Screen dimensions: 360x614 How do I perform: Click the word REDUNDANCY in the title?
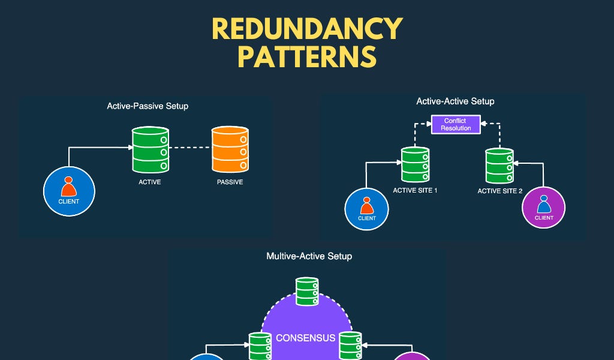pos(307,29)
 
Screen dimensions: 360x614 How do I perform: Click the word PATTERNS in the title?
pos(307,57)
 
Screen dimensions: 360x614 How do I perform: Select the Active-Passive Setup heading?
pos(148,106)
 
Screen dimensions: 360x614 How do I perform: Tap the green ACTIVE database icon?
pos(150,149)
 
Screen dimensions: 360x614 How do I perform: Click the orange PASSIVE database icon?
pos(230,149)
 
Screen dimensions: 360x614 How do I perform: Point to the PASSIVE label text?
pos(230,182)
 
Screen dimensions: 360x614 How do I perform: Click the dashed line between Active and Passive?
pos(190,147)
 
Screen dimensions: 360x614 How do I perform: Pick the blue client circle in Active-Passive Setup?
pos(69,191)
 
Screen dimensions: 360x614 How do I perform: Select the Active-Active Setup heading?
pos(455,101)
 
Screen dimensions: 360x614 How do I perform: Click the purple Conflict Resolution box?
pos(456,124)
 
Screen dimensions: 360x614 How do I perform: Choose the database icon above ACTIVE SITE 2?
pos(499,166)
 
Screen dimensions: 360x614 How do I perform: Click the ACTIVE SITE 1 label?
pos(415,190)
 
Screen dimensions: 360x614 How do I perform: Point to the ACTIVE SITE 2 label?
pos(500,191)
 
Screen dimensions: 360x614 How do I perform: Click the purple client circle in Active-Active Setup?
pos(544,208)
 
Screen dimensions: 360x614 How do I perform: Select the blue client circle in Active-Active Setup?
pos(366,209)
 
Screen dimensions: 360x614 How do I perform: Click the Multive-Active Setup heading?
pos(309,256)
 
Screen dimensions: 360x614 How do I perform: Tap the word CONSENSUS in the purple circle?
pos(305,338)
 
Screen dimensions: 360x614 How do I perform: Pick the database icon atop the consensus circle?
pos(307,291)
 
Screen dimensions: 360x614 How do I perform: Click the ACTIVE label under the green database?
pos(150,182)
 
